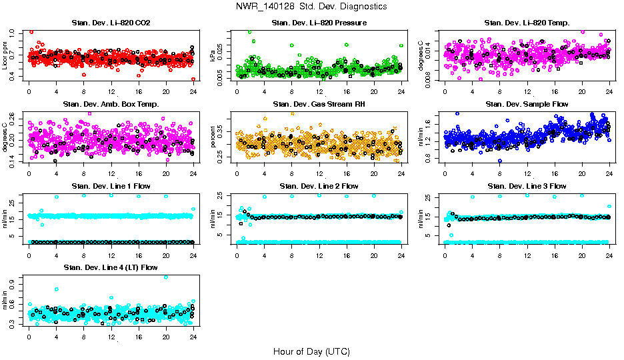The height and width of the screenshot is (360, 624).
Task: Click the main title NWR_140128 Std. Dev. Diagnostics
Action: click(x=311, y=7)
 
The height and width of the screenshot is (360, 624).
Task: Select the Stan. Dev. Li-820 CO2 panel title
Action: click(x=111, y=23)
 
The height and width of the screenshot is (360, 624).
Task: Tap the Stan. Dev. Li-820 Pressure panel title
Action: click(x=319, y=23)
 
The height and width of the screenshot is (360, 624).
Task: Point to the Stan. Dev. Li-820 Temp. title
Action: click(x=527, y=23)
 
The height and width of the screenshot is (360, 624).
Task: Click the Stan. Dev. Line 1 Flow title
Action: click(x=111, y=185)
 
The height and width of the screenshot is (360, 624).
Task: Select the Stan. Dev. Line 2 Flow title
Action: click(x=319, y=185)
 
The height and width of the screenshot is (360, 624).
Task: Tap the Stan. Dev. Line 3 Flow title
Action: click(x=527, y=185)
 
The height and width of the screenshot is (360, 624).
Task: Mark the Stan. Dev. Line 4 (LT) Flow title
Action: click(x=111, y=267)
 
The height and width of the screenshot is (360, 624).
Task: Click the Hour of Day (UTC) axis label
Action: click(x=311, y=351)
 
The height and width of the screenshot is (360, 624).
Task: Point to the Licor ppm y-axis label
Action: click(x=6, y=55)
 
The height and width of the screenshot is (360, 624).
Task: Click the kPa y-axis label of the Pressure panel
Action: click(x=214, y=55)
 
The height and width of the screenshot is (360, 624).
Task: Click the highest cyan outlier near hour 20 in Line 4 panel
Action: click(x=166, y=277)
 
